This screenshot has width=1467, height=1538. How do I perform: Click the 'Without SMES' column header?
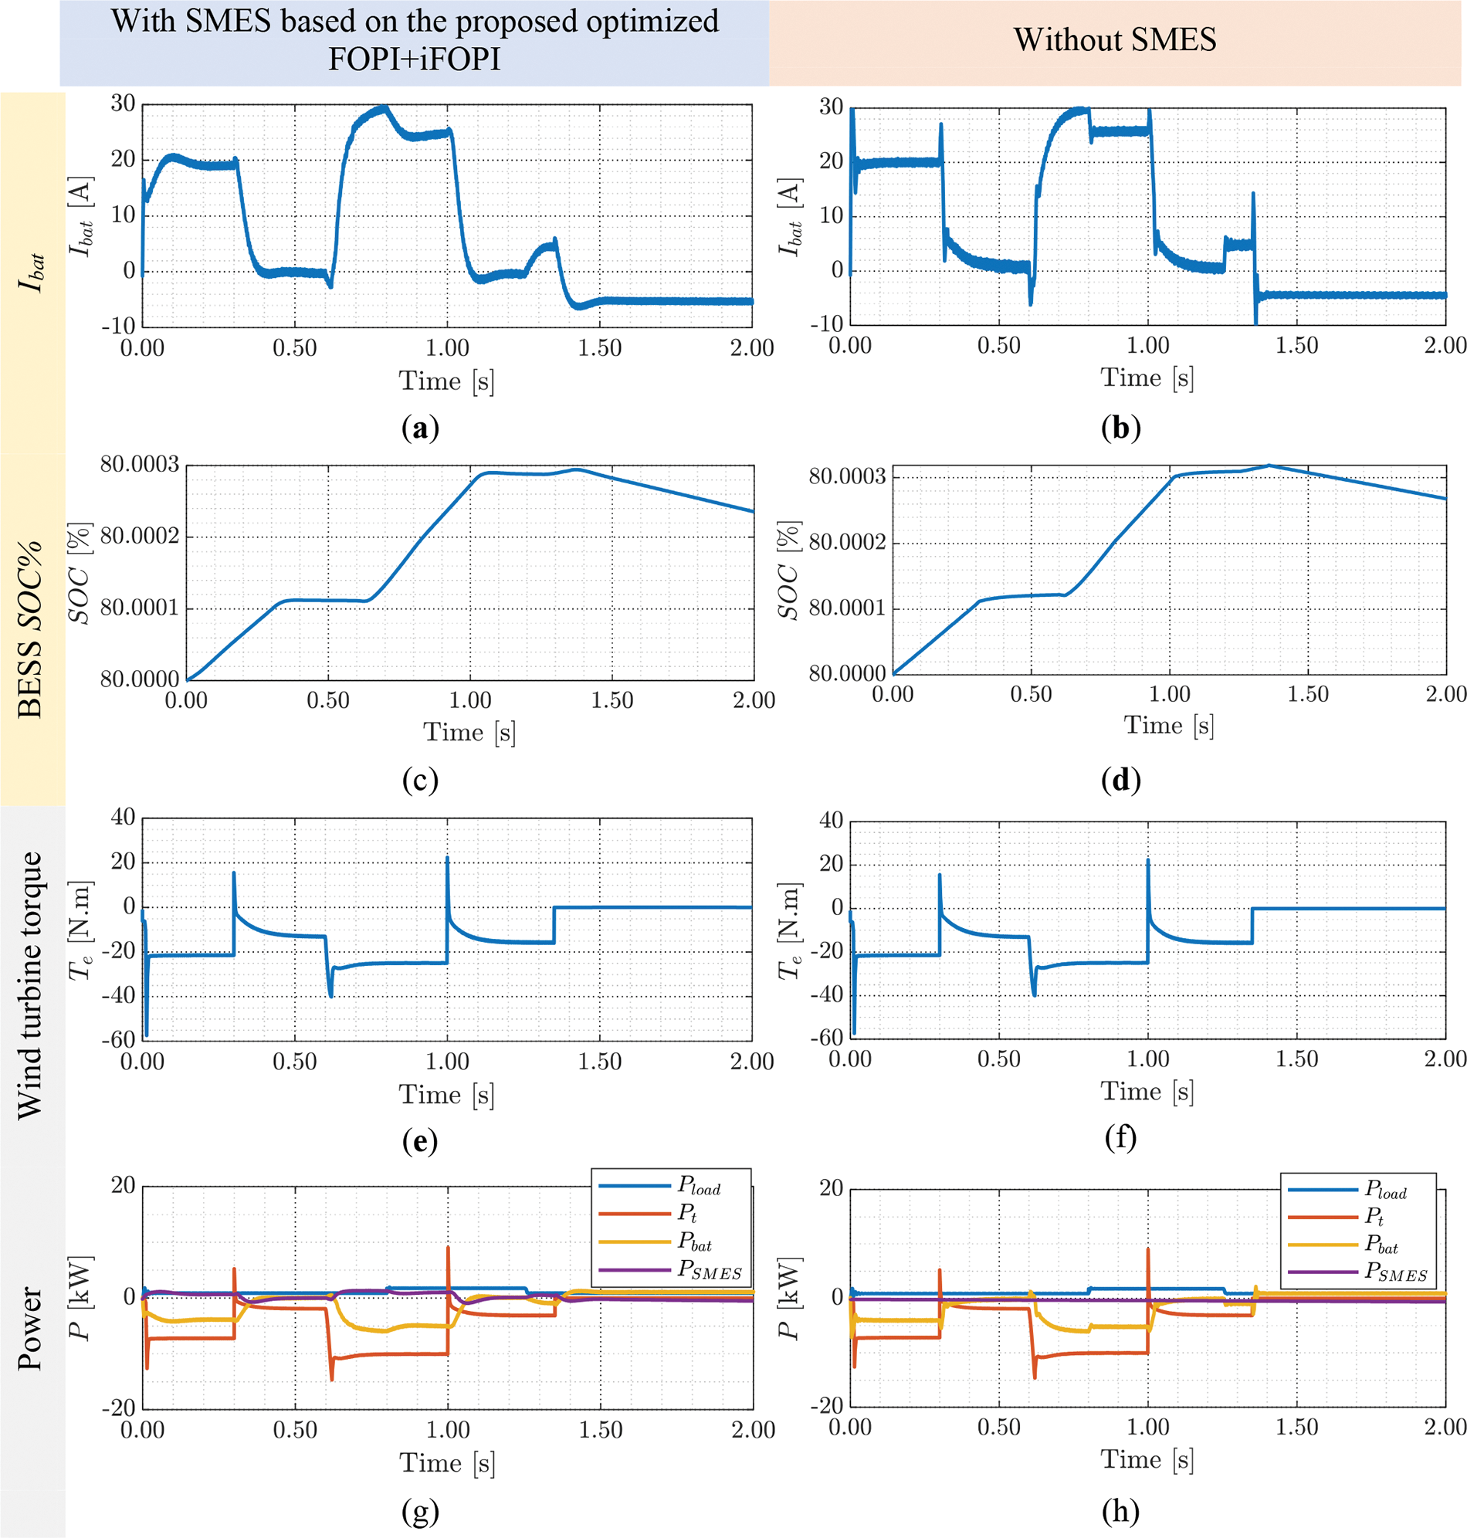(1114, 40)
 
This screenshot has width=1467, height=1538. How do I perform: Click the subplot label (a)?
(420, 428)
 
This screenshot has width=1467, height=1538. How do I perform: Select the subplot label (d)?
(1120, 780)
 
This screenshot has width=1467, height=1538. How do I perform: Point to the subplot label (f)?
(1120, 1137)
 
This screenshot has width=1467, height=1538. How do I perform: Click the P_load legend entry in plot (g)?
(698, 1187)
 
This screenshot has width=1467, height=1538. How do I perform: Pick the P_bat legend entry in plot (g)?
(694, 1242)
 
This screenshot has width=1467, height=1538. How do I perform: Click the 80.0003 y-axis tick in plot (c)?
(140, 466)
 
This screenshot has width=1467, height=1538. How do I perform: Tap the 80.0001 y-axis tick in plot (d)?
(847, 608)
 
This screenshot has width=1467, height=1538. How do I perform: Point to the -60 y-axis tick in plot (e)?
(118, 1039)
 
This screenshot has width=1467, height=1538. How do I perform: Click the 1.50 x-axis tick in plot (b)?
(1296, 346)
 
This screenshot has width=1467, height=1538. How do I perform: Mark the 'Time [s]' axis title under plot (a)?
(446, 381)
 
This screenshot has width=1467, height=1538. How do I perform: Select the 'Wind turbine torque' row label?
(29, 985)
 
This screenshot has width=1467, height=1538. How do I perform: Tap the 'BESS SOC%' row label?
(29, 628)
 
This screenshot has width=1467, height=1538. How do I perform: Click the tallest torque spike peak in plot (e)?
(447, 858)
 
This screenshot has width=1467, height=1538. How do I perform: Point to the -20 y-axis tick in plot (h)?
(827, 1406)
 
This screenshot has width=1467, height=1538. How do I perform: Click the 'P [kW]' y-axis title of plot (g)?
(81, 1298)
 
